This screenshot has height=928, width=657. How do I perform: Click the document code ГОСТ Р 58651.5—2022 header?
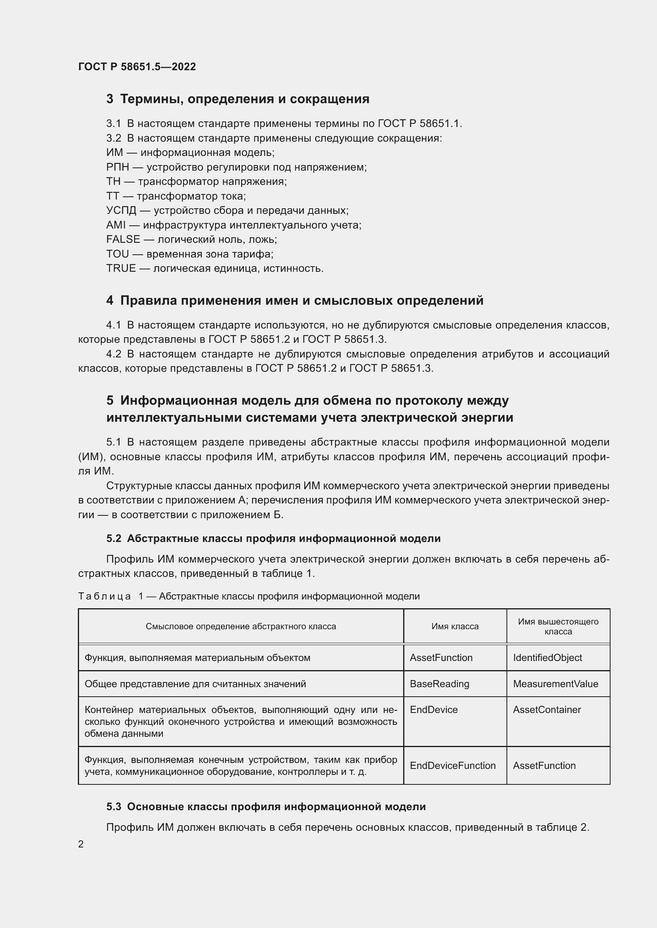pos(137,67)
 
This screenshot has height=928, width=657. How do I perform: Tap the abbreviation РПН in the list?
pos(117,167)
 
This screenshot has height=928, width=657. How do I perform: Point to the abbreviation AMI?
pos(116,225)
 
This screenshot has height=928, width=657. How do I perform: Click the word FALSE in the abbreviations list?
pos(123,239)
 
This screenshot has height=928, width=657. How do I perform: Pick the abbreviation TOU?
pos(117,254)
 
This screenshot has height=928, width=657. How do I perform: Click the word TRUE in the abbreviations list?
pos(121,268)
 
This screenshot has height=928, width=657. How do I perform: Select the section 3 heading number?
pos(110,99)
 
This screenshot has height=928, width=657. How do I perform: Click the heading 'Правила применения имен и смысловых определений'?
pos(302,301)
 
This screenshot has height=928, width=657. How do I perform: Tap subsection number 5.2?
pos(114,538)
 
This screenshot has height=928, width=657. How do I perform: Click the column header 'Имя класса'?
pos(455,626)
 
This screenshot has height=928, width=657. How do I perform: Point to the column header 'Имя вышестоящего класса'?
pos(558,626)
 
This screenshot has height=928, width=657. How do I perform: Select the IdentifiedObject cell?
pos(547,657)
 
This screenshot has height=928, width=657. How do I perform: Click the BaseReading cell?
pos(439,684)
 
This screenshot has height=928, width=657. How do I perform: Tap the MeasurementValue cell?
pos(555,684)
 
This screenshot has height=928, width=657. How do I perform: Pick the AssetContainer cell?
pos(547,710)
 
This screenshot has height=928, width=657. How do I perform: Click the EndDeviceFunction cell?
pos(452,765)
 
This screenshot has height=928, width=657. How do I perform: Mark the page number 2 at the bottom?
pos(81,844)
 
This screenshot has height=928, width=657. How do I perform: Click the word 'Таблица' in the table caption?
pos(104,596)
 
